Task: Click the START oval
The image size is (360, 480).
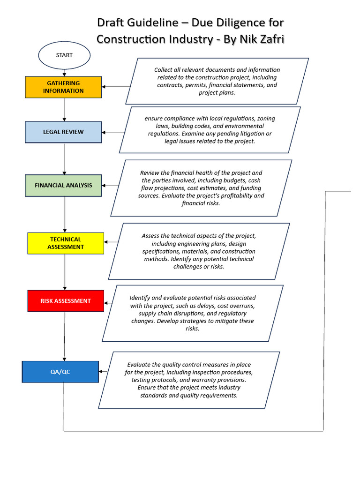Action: (x=64, y=55)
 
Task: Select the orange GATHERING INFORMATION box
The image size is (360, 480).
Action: (x=63, y=87)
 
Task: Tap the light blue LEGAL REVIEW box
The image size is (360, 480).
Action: (x=63, y=132)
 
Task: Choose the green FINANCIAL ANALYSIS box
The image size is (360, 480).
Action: (x=63, y=185)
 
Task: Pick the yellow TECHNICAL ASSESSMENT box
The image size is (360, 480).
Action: (x=66, y=243)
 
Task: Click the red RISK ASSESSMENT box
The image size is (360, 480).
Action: (x=66, y=301)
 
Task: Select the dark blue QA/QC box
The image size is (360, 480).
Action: (x=60, y=372)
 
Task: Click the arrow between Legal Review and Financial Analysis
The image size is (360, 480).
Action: (x=64, y=158)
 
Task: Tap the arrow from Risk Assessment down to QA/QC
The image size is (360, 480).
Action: (x=65, y=336)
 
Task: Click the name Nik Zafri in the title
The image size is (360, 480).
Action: (x=261, y=39)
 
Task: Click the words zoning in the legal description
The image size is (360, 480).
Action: (x=266, y=119)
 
